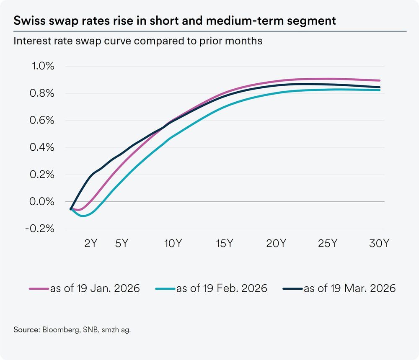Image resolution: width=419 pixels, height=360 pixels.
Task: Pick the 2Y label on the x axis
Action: coord(91,244)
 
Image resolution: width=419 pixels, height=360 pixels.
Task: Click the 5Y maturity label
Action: coord(122,244)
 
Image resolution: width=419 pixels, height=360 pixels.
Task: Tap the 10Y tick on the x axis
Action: coord(173,244)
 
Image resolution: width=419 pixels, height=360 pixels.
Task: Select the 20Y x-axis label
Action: coord(276,244)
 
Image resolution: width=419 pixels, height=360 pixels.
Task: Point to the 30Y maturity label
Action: coord(379,244)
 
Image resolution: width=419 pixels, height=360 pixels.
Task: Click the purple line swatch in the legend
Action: coord(39,289)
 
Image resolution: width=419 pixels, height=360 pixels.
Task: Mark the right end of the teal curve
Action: coord(379,90)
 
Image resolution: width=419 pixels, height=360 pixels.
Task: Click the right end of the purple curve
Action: coord(379,80)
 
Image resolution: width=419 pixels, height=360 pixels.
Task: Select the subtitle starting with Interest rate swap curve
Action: coord(138,41)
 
